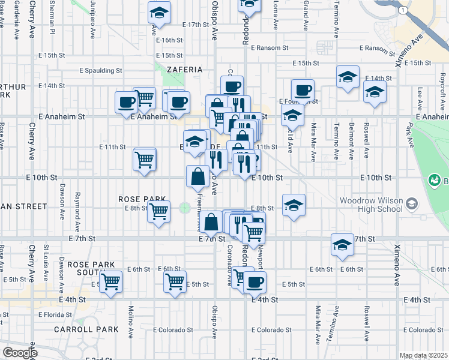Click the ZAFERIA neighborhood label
coord(185,70)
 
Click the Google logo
coord(19,353)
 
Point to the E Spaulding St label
coord(101,70)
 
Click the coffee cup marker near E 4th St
coord(255,281)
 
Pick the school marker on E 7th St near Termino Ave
coord(342,244)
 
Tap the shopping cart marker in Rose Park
coord(158,211)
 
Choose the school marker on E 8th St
coord(294,205)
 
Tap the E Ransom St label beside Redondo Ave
coord(270,47)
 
